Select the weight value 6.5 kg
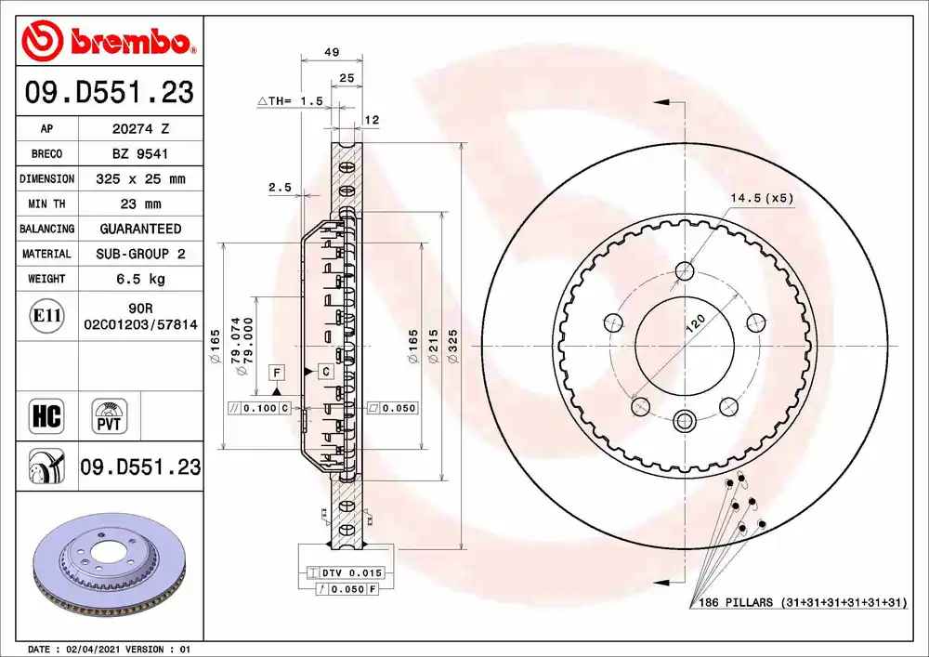tap(141, 279)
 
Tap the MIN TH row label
tap(46, 204)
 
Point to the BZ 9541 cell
tap(140, 154)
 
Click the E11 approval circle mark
tap(46, 316)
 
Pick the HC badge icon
tap(46, 416)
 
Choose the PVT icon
tap(109, 416)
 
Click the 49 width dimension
tap(332, 52)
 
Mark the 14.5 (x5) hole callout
tap(762, 198)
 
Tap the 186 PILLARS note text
tap(803, 602)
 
